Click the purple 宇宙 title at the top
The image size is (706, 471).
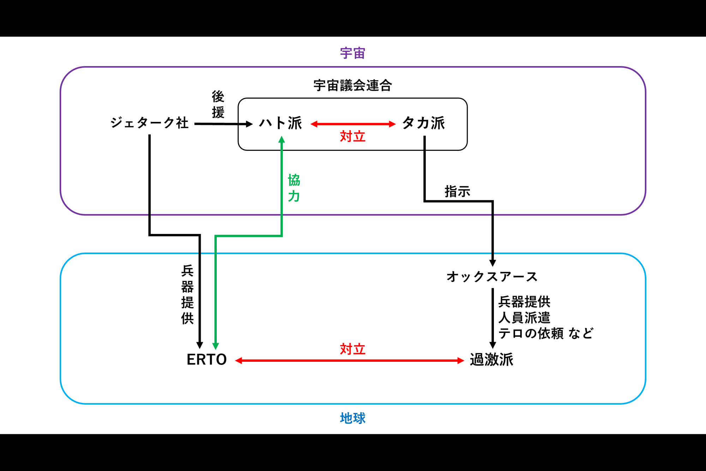(x=352, y=53)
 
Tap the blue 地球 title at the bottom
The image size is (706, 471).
(x=352, y=418)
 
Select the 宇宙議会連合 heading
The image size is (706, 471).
(x=352, y=86)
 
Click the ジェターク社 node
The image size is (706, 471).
(x=149, y=123)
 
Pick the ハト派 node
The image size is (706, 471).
(x=281, y=123)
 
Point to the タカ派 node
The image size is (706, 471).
(x=423, y=123)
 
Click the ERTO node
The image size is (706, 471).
(x=207, y=360)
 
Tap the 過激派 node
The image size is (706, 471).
(x=491, y=360)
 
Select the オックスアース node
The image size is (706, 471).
(x=492, y=277)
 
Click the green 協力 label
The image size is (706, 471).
(x=294, y=188)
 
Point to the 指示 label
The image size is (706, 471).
(x=457, y=192)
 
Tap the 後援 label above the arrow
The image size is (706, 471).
(x=218, y=105)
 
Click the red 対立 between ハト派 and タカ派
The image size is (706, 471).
(x=352, y=136)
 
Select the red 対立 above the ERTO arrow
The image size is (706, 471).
(x=352, y=349)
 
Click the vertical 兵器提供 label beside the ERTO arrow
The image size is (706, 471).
(x=187, y=294)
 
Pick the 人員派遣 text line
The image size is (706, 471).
(x=524, y=318)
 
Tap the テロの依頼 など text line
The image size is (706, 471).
(x=546, y=333)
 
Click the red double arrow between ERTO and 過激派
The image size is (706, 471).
(x=349, y=360)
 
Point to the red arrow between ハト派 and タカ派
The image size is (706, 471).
(x=353, y=124)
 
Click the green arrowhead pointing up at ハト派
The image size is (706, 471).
(x=282, y=140)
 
